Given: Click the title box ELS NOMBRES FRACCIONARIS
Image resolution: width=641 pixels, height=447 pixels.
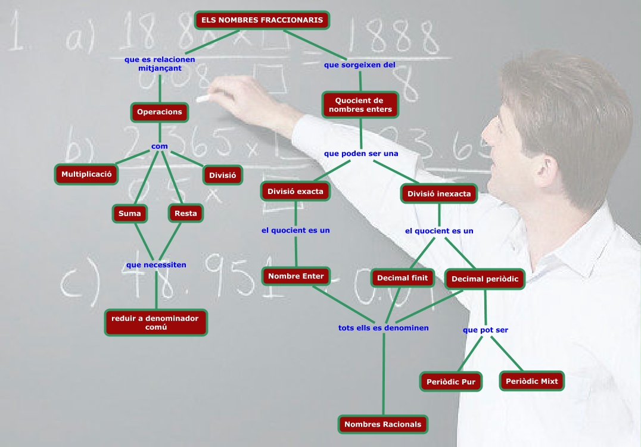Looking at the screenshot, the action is point(262,20).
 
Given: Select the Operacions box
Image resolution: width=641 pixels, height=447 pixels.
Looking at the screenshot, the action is point(159,112).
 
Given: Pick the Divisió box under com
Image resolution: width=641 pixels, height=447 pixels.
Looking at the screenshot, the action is point(223,176).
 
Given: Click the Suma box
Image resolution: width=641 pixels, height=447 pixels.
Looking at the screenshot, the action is point(130,213).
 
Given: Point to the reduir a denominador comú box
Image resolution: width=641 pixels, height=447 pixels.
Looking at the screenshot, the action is point(155,323).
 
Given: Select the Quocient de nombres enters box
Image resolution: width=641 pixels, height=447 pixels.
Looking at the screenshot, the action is point(360,105).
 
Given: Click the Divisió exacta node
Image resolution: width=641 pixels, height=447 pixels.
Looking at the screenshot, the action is point(295,192).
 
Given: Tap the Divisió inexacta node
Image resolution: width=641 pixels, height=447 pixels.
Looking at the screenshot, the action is point(439,194).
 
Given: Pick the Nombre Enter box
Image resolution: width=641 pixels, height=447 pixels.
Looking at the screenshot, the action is point(295,276).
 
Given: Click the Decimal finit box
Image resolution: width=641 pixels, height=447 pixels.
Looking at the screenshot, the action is point(403,278).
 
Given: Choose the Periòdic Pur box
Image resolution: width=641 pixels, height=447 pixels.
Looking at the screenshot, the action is point(451,382).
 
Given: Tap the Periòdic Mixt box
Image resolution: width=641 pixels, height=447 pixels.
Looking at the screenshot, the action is point(531,381).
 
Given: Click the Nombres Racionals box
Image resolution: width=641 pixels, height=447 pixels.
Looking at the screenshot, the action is point(383,424).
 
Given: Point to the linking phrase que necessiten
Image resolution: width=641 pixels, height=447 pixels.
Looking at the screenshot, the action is point(156,265).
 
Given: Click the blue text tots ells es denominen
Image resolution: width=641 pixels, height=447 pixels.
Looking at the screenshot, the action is point(383,328).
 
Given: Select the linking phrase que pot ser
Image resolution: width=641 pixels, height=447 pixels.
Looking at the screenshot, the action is point(486,330).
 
